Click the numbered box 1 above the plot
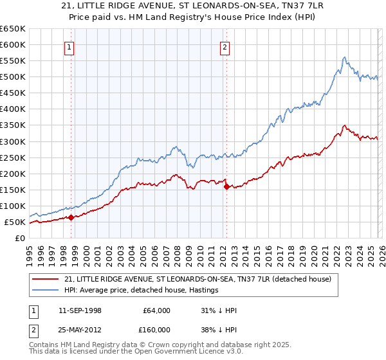(69, 46)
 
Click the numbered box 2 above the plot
(225, 46)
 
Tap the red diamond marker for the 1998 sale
(71, 217)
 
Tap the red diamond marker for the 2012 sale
(226, 186)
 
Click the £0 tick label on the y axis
(20, 239)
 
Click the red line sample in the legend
(46, 279)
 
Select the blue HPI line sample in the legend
(46, 291)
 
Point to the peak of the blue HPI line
(345, 57)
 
